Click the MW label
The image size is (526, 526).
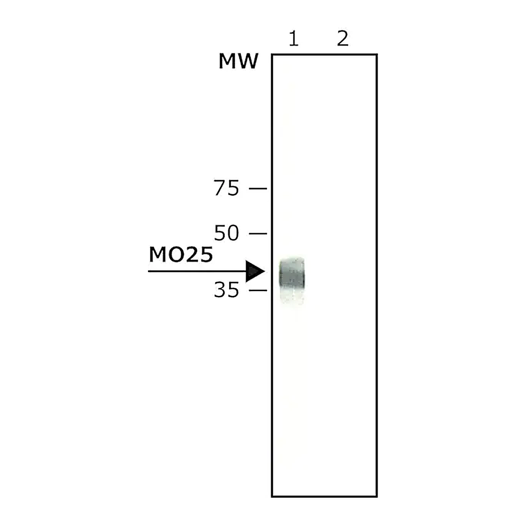(x=238, y=61)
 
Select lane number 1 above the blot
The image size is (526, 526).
(x=293, y=38)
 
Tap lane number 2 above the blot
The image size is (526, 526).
(x=343, y=38)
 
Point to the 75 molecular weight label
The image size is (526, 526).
(x=227, y=187)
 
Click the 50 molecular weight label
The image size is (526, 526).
(x=227, y=233)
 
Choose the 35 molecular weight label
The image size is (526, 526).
(x=227, y=290)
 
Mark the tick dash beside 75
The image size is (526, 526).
(x=258, y=189)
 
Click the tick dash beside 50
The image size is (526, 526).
(x=258, y=234)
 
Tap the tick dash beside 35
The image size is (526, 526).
(x=258, y=290)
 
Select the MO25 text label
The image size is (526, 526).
(x=181, y=254)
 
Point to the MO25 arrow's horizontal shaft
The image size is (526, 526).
(x=197, y=271)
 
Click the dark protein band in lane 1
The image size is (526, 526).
(x=292, y=273)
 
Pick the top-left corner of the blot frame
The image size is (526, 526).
(x=272, y=54)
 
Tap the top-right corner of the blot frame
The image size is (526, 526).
(x=377, y=54)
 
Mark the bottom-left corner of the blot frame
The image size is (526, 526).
(x=272, y=496)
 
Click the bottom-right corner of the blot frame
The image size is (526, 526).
(x=377, y=496)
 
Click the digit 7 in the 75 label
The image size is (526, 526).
(x=220, y=187)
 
